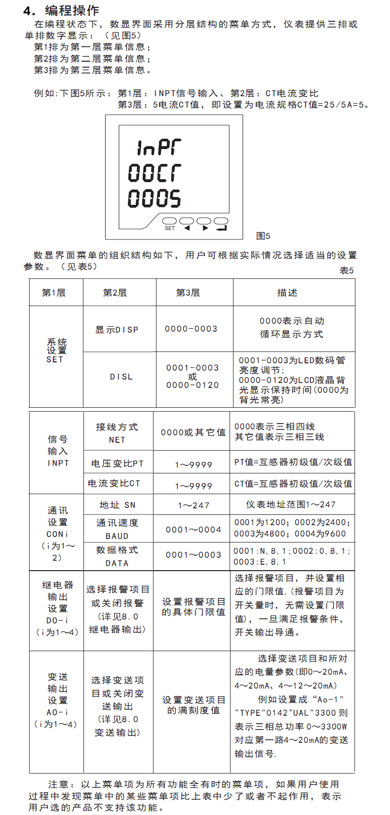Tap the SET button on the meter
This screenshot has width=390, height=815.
[x=169, y=221]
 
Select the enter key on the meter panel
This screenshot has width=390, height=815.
[x=221, y=221]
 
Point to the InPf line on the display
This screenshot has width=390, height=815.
[x=158, y=147]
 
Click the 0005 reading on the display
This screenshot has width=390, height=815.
[x=155, y=198]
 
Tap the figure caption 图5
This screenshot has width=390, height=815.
[x=264, y=236]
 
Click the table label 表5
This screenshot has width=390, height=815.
[x=347, y=271]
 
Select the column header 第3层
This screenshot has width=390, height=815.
[x=188, y=293]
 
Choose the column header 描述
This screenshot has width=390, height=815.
[x=287, y=293]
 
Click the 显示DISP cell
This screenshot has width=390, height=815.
[x=117, y=330]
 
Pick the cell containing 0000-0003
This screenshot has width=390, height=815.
[x=191, y=329]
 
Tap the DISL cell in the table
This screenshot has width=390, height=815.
[x=121, y=377]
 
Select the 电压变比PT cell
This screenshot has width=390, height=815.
[x=117, y=464]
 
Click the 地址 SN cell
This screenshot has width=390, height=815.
[x=117, y=505]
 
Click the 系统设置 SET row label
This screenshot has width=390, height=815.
[x=56, y=350]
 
